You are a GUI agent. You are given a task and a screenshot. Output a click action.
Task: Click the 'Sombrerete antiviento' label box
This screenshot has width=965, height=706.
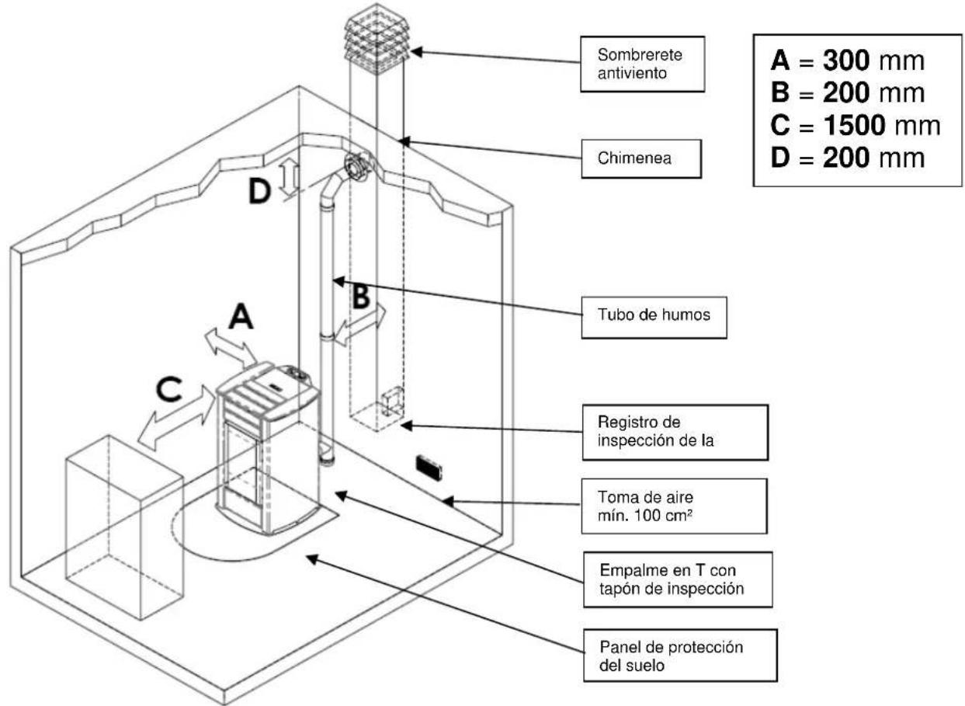(x=641, y=64)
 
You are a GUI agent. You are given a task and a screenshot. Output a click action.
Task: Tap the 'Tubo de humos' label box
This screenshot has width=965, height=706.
(x=654, y=316)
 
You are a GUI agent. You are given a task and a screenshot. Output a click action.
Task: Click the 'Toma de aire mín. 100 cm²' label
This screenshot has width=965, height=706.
(x=672, y=506)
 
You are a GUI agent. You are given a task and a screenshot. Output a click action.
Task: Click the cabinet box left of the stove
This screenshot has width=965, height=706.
(x=124, y=528)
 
